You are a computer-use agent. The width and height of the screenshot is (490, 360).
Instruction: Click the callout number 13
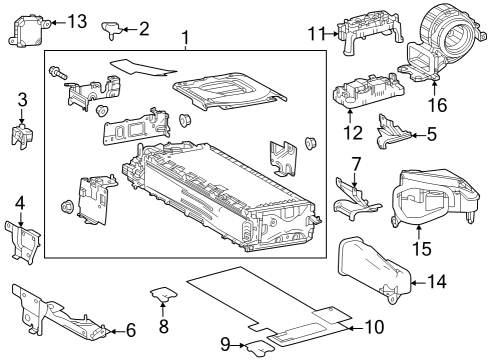tap(76, 21)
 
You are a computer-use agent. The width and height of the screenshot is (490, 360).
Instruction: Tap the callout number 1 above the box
tap(185, 40)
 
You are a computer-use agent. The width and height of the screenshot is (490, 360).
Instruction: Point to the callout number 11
tap(317, 34)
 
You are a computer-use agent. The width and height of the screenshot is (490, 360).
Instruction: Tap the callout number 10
tap(374, 326)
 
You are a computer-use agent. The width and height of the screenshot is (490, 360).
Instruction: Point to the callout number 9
tap(227, 344)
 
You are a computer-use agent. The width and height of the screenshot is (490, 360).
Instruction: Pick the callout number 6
tap(130, 329)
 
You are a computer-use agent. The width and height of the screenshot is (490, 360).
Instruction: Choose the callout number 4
tap(20, 204)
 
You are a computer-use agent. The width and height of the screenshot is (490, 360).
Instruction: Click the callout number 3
tap(22, 100)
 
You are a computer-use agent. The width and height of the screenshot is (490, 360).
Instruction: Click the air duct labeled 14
tap(375, 266)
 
